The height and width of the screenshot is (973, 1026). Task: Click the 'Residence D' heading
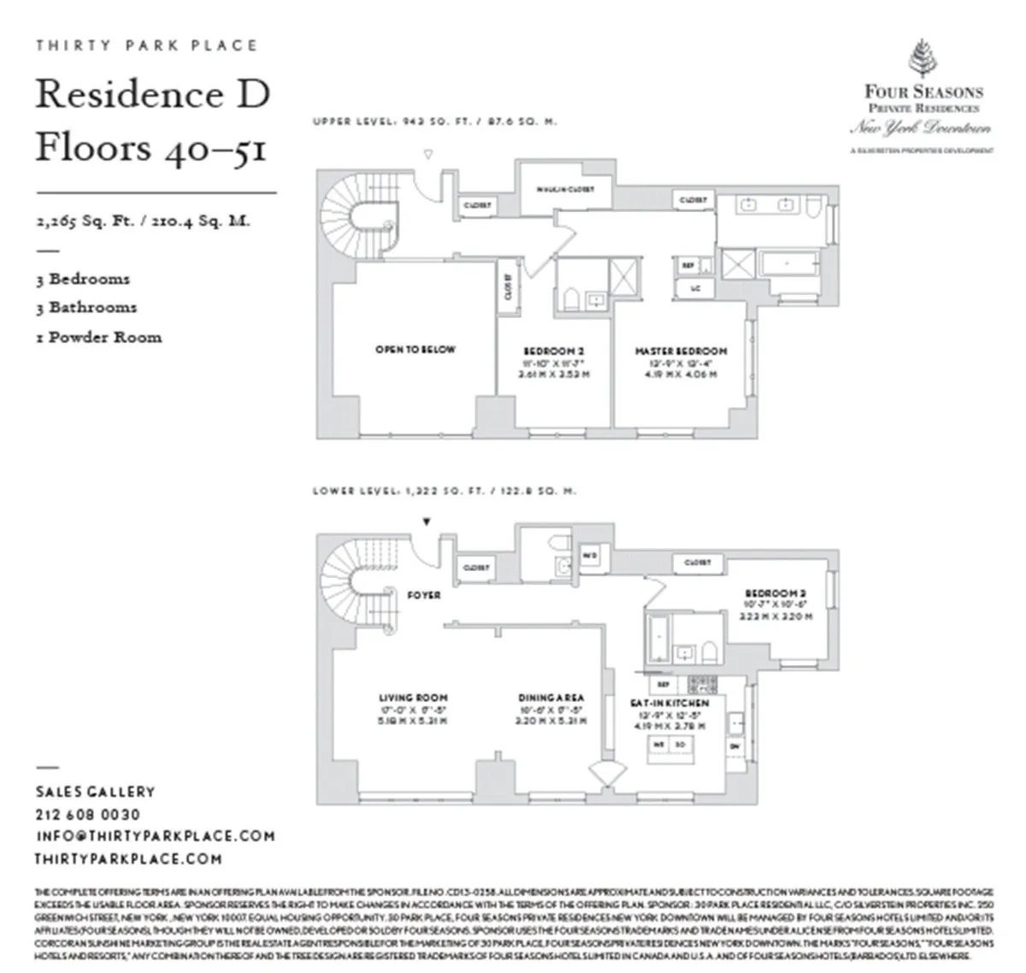[152, 94]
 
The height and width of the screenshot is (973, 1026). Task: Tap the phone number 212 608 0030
[88, 815]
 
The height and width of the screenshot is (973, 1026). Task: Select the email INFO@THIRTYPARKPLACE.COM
[155, 836]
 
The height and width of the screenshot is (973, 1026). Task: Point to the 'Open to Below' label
[416, 350]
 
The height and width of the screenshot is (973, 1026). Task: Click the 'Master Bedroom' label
[681, 351]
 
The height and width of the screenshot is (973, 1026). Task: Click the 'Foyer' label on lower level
[423, 594]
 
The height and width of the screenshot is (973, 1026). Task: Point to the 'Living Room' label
[413, 698]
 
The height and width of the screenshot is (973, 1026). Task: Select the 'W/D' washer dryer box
[590, 554]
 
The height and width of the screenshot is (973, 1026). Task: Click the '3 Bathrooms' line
[85, 307]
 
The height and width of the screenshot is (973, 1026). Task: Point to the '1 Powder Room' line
[98, 337]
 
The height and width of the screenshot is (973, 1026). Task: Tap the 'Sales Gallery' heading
[95, 793]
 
